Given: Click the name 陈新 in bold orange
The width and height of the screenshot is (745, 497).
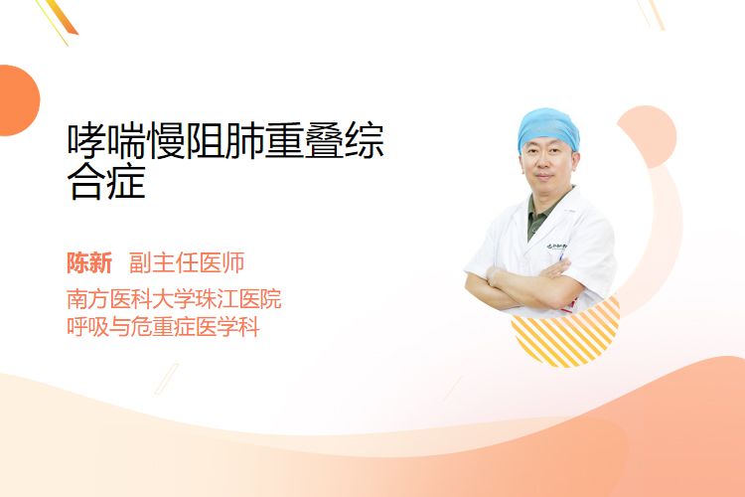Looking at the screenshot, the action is point(89,263).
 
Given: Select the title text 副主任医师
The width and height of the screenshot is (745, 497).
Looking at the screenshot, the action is point(187,263).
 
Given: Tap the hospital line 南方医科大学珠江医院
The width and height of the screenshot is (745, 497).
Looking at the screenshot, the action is point(174,299).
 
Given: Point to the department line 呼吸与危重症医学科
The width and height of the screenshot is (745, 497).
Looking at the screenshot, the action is point(163,327).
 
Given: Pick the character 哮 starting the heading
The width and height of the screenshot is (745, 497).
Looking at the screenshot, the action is point(86,141).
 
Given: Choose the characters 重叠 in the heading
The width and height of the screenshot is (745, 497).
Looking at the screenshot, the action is point(304,141).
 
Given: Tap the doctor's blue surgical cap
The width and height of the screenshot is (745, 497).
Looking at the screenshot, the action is point(547,127).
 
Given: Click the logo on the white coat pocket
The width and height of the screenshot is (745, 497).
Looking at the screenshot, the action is point(556,247).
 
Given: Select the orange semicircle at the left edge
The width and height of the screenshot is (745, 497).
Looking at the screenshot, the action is point(18,100).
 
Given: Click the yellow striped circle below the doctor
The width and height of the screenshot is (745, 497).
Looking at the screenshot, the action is point(566,334).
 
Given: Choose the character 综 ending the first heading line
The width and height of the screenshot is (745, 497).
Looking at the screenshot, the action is point(364,141).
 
